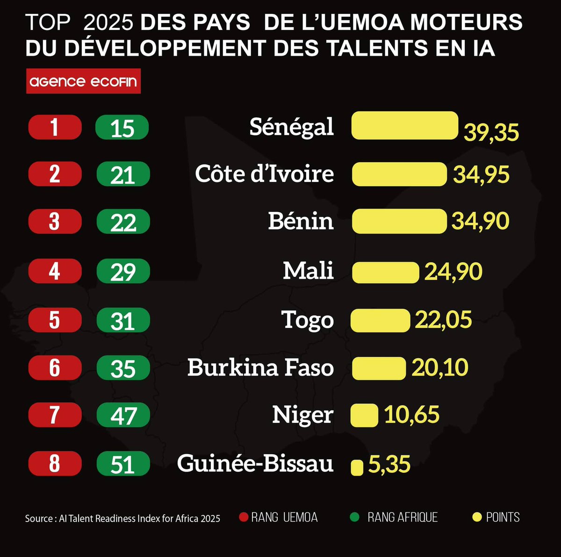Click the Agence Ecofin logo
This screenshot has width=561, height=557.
[83, 82]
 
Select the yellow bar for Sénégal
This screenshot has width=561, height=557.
[404, 125]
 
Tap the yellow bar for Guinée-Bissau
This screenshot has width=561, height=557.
[357, 467]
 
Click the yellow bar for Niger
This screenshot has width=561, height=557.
[364, 415]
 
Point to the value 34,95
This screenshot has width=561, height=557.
[481, 174]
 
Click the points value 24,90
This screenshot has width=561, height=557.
[453, 272]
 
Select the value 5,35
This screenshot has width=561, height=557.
[389, 464]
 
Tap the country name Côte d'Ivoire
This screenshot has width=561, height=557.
[264, 174]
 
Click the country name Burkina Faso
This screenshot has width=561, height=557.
[260, 368]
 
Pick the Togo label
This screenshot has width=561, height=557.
[308, 320]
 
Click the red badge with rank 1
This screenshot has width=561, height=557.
[55, 127]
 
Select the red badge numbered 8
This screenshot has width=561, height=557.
[55, 463]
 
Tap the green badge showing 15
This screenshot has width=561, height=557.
[122, 128]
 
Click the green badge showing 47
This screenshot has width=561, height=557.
[123, 415]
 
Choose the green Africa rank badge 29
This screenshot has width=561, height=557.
[123, 272]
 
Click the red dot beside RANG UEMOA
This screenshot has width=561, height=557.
[243, 517]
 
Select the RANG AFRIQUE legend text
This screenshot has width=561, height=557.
[402, 517]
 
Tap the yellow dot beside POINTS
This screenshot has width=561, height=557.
[477, 517]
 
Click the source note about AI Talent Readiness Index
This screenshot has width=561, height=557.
[122, 518]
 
